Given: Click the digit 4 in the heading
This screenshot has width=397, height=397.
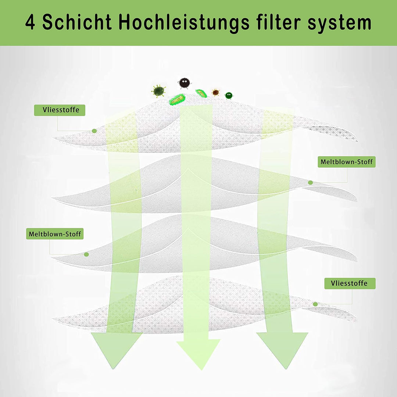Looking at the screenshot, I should pos(31,23).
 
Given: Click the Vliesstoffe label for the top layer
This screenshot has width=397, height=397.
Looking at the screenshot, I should pos(60,110).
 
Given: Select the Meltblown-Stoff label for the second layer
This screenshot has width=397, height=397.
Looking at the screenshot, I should pos(347,162).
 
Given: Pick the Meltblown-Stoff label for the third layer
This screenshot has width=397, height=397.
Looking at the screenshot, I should pos(55,234).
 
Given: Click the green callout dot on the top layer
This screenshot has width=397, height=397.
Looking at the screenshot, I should pos(94,131).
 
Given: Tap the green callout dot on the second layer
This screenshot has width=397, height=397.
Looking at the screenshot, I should pos(310,183).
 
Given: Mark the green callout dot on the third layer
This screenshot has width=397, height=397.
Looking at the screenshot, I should pos(86,254).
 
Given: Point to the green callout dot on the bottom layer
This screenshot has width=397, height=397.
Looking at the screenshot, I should pos(315,304).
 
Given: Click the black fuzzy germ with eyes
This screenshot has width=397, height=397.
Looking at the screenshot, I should pos(185,83).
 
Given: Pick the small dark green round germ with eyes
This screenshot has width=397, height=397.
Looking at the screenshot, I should pos(229,95).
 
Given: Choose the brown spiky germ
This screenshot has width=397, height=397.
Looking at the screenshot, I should pos(215,92).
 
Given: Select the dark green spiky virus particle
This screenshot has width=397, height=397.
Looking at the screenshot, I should pos(158,91).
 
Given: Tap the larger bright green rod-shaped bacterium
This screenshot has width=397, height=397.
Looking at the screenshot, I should pos(177,99).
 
